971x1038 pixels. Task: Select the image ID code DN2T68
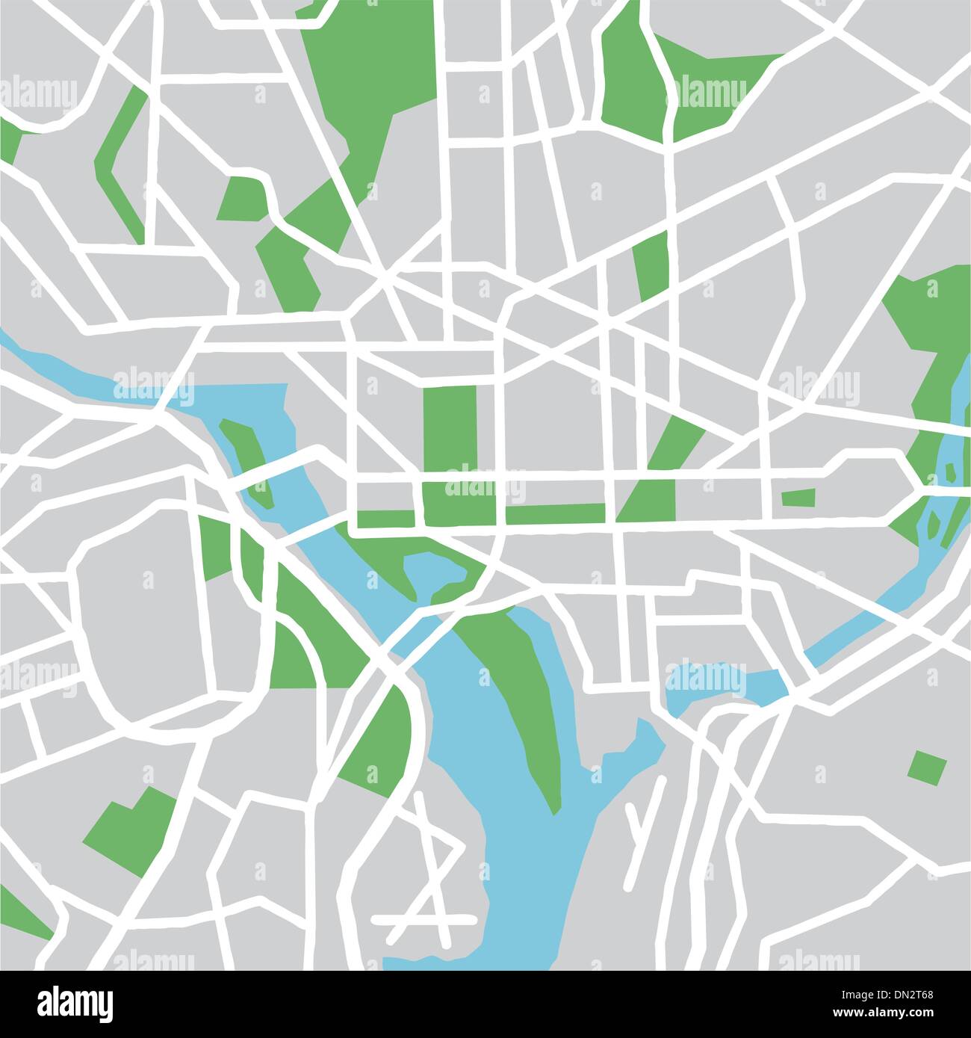(x=925, y=996)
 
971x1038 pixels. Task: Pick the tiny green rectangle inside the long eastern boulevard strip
(x=798, y=497)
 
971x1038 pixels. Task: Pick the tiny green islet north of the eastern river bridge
(x=950, y=472)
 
